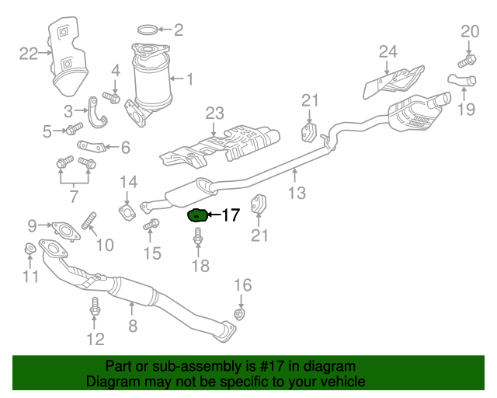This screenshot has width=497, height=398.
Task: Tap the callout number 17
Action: pos(231,215)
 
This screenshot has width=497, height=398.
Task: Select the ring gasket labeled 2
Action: pos(148,31)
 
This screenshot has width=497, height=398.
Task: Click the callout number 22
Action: pos(29,54)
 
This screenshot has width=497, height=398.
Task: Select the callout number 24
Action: pos(388,52)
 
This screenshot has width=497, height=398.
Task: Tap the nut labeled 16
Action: pos(241,313)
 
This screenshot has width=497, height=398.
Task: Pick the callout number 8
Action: pos(132,327)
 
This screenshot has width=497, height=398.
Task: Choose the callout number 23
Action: pos(214,113)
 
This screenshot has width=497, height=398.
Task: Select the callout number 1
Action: pos(189,79)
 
